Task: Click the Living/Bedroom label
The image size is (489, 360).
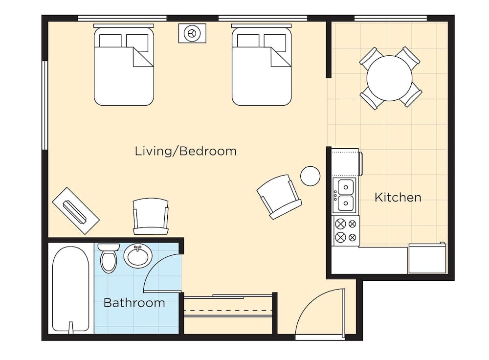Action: (x=185, y=151)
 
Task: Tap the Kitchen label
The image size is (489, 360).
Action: (x=398, y=198)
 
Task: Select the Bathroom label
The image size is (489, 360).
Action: (x=134, y=303)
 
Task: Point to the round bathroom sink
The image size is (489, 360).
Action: (x=138, y=256)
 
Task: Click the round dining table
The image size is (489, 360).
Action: (x=390, y=78)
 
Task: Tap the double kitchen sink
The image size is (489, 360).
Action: (x=344, y=195)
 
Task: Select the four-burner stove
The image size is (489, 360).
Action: (x=346, y=231)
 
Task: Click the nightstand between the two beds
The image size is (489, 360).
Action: (x=192, y=33)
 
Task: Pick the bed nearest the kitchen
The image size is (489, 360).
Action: (x=262, y=65)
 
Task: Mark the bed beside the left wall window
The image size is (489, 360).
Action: (x=124, y=65)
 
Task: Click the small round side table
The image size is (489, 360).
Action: (x=311, y=176)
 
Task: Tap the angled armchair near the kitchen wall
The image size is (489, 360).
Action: (x=279, y=197)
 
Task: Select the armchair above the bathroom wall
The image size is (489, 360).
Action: (x=151, y=216)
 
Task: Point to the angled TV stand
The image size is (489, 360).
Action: (x=75, y=211)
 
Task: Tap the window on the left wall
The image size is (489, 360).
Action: (x=44, y=105)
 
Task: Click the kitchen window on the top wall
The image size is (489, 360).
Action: (x=390, y=18)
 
